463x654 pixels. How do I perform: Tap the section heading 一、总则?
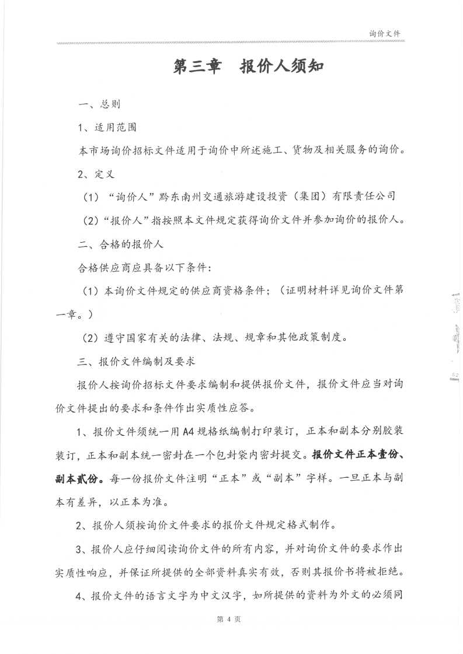point(99,105)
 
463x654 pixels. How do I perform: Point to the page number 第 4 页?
point(232,620)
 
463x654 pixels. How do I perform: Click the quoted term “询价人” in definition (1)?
point(128,196)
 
